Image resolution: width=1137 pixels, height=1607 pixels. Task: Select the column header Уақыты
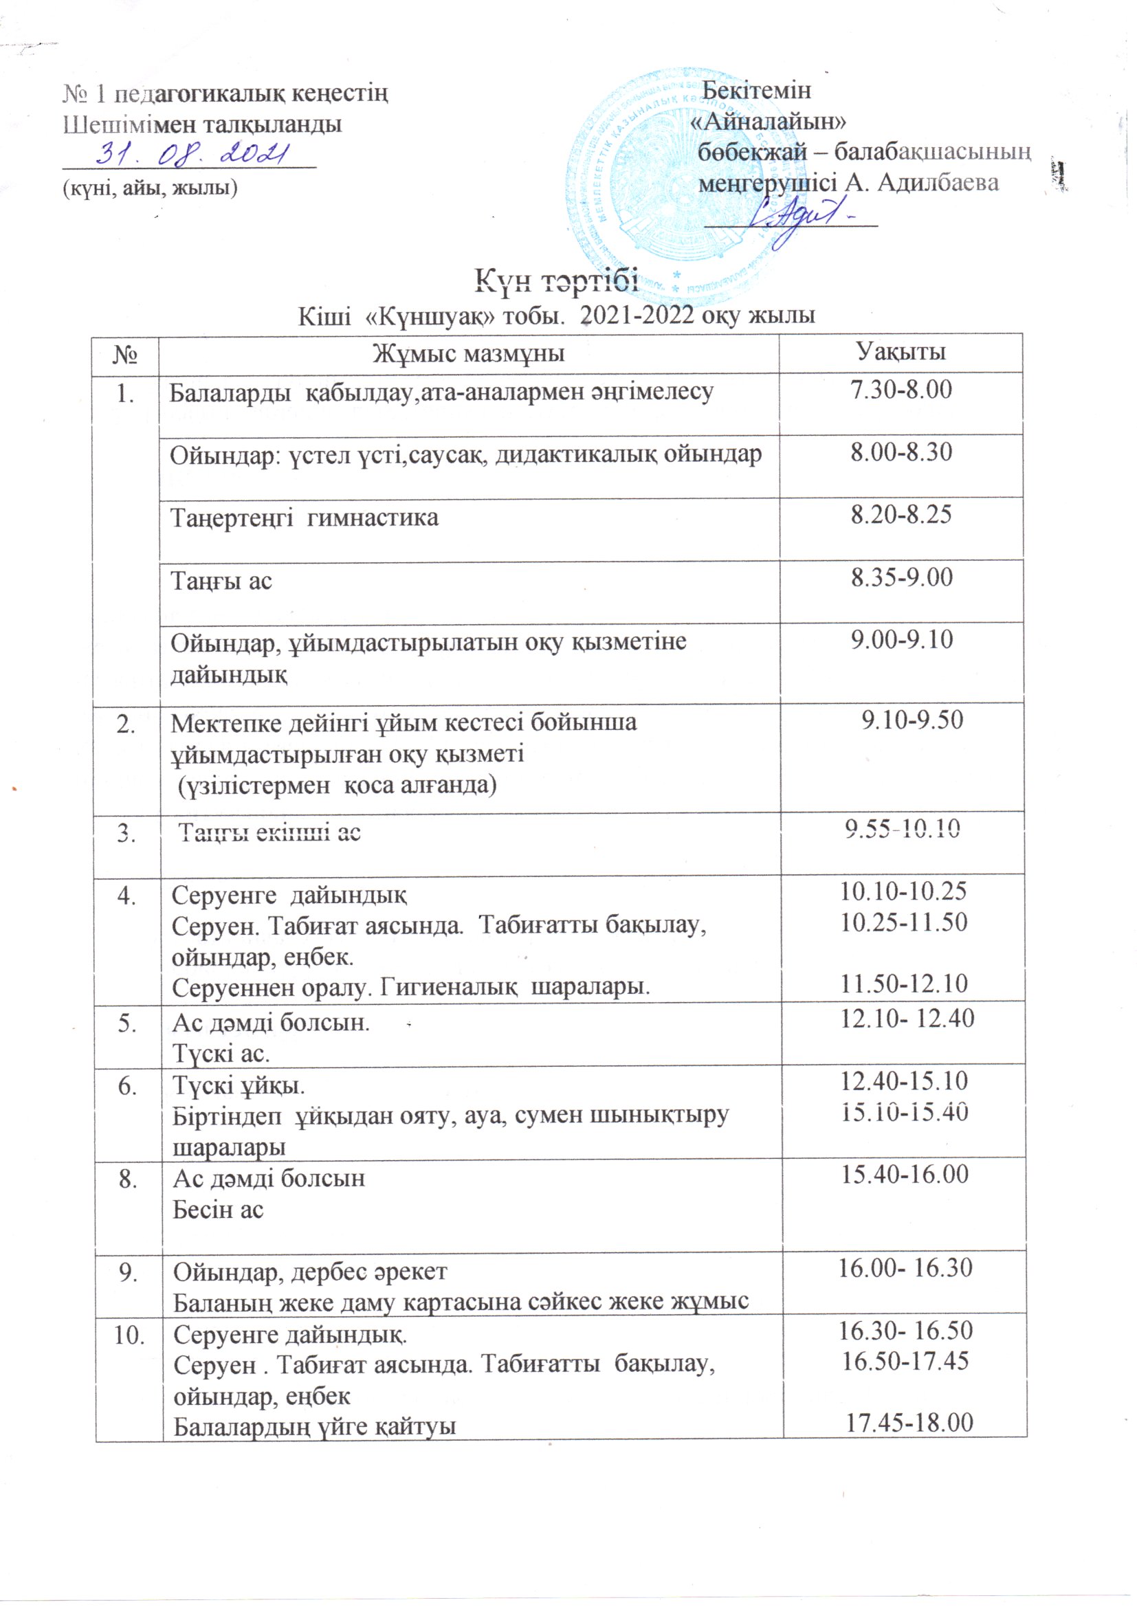902,351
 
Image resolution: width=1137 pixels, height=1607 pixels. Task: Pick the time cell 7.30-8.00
901,390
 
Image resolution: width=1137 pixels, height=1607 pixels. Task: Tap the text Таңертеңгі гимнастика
305,518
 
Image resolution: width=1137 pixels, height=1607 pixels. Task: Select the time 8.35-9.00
902,577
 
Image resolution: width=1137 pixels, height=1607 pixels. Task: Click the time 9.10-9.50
912,720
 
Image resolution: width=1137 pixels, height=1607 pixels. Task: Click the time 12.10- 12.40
907,1019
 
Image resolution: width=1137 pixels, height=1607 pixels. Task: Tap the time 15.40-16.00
905,1174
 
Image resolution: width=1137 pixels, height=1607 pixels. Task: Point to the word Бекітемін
756,90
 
